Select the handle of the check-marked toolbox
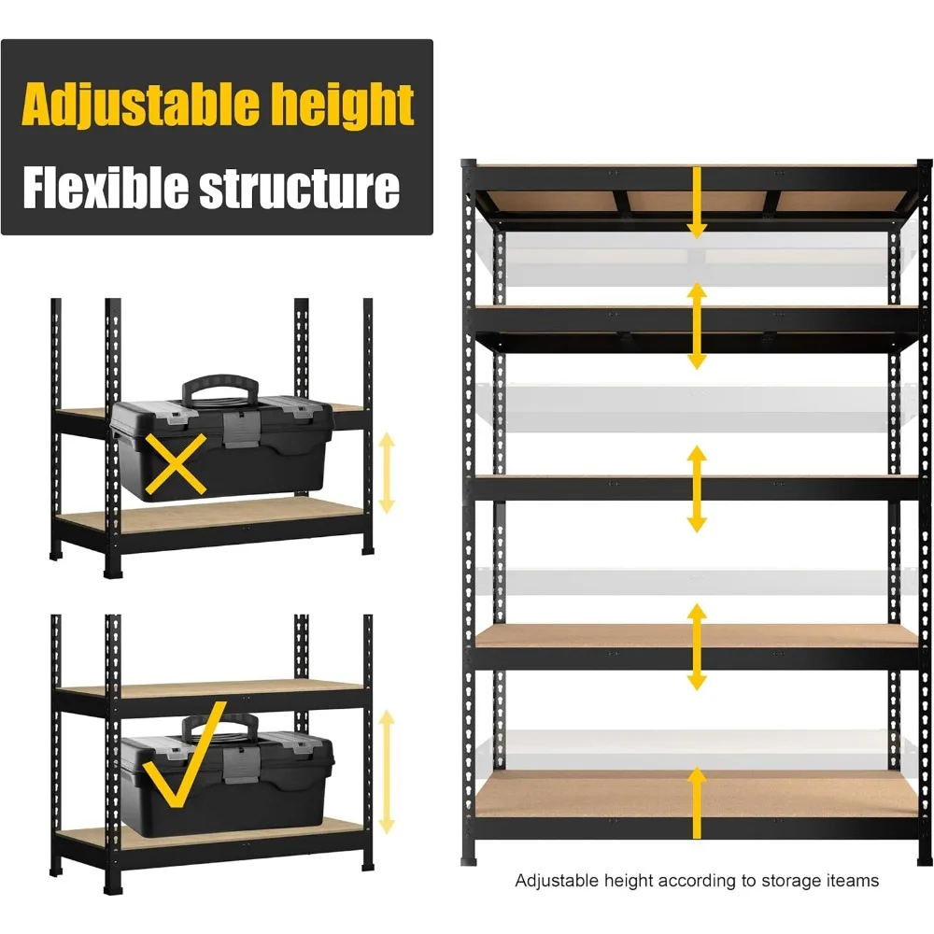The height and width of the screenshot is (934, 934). coord(220,726)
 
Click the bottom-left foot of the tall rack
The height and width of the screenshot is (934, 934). coord(470,852)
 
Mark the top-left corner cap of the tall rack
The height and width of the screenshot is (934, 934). coord(470,166)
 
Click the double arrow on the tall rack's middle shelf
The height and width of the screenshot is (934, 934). coord(696,488)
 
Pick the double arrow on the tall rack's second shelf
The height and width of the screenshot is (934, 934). coord(696,325)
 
